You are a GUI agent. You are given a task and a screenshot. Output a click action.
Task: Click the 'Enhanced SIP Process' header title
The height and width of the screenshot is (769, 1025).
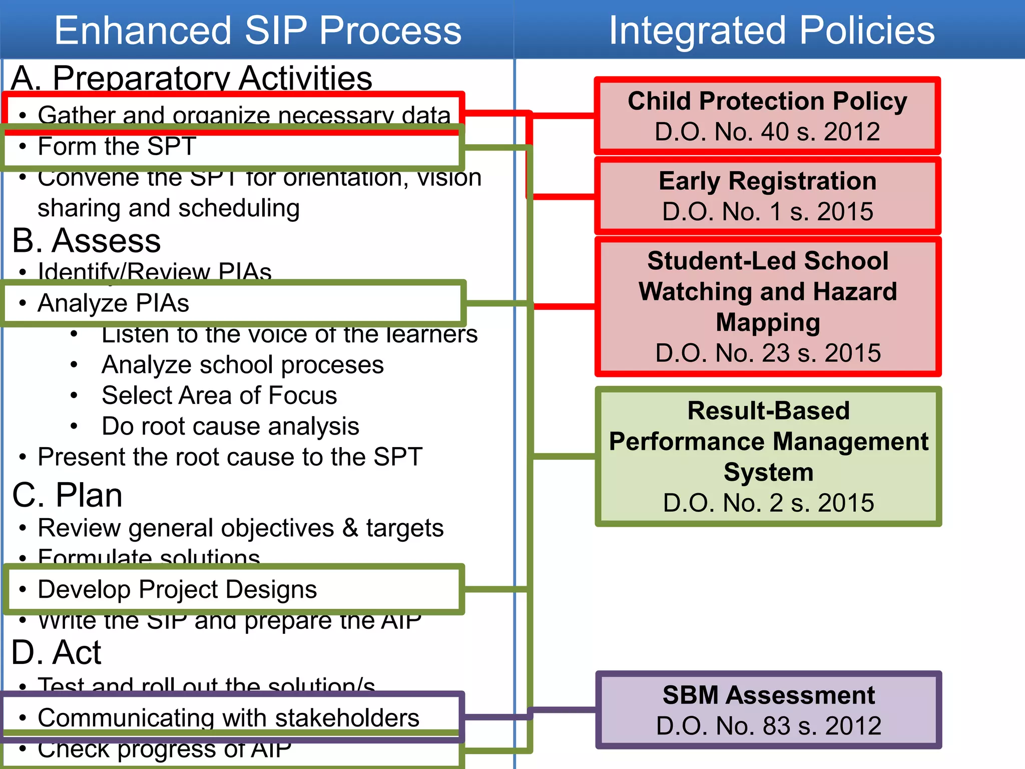[x=257, y=30]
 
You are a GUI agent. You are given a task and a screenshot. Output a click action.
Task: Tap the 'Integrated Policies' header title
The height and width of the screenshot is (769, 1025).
[x=771, y=30]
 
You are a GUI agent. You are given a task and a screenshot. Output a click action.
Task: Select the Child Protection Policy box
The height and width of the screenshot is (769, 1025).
[x=767, y=116]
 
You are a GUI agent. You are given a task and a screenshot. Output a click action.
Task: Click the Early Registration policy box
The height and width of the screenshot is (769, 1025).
[x=767, y=196]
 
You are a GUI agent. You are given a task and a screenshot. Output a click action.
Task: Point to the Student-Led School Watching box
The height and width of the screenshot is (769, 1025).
[x=767, y=306]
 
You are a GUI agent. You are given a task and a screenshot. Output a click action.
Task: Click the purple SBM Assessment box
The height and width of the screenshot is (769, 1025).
[x=768, y=710]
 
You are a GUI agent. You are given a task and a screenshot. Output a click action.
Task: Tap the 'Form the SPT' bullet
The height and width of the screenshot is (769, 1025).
[x=117, y=146]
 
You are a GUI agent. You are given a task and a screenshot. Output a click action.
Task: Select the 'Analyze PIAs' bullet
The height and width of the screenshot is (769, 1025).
[x=114, y=303]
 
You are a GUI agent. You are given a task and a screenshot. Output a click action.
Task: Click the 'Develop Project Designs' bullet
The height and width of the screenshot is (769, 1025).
[x=177, y=589]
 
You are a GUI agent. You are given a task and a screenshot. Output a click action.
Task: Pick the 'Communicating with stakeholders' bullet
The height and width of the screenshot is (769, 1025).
[x=228, y=717]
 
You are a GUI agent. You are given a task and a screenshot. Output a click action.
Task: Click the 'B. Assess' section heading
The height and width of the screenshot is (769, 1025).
[x=86, y=240]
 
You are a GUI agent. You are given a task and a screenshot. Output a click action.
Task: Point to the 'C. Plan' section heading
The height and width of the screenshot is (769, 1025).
[x=67, y=495]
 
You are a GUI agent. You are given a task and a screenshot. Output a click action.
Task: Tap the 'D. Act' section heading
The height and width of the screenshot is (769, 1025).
[x=56, y=652]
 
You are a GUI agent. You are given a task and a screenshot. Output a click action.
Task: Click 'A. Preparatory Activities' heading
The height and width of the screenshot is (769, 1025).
[x=191, y=78]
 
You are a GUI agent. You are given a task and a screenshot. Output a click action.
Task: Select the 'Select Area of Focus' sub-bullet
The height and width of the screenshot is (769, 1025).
[x=219, y=395]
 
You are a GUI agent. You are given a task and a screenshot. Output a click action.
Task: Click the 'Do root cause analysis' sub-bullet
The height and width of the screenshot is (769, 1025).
[x=230, y=426]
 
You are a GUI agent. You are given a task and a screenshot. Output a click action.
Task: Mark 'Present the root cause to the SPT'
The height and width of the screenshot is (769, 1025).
[x=230, y=457]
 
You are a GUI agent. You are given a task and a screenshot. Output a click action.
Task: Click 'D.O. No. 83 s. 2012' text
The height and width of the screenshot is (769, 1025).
[x=768, y=725]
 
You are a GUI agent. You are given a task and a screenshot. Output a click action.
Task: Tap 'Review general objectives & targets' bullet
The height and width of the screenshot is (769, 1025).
[x=240, y=528]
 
